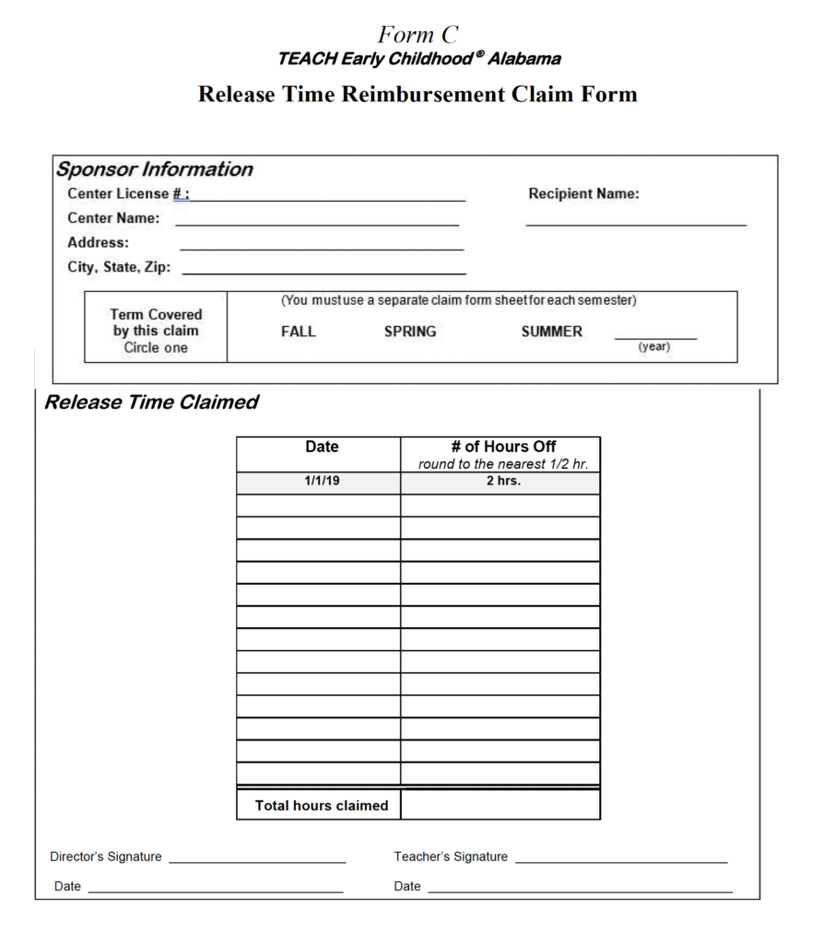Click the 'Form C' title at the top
[x=417, y=35]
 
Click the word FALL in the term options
[x=298, y=332]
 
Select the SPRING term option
[x=410, y=332]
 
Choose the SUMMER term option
[x=551, y=332]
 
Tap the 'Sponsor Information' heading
[x=154, y=169]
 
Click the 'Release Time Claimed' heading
[x=151, y=402]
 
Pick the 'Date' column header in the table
[x=322, y=447]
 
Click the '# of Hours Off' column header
[x=502, y=447]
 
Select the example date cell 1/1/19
[x=322, y=481]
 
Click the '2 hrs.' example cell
[x=502, y=481]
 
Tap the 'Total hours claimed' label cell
[x=322, y=806]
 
